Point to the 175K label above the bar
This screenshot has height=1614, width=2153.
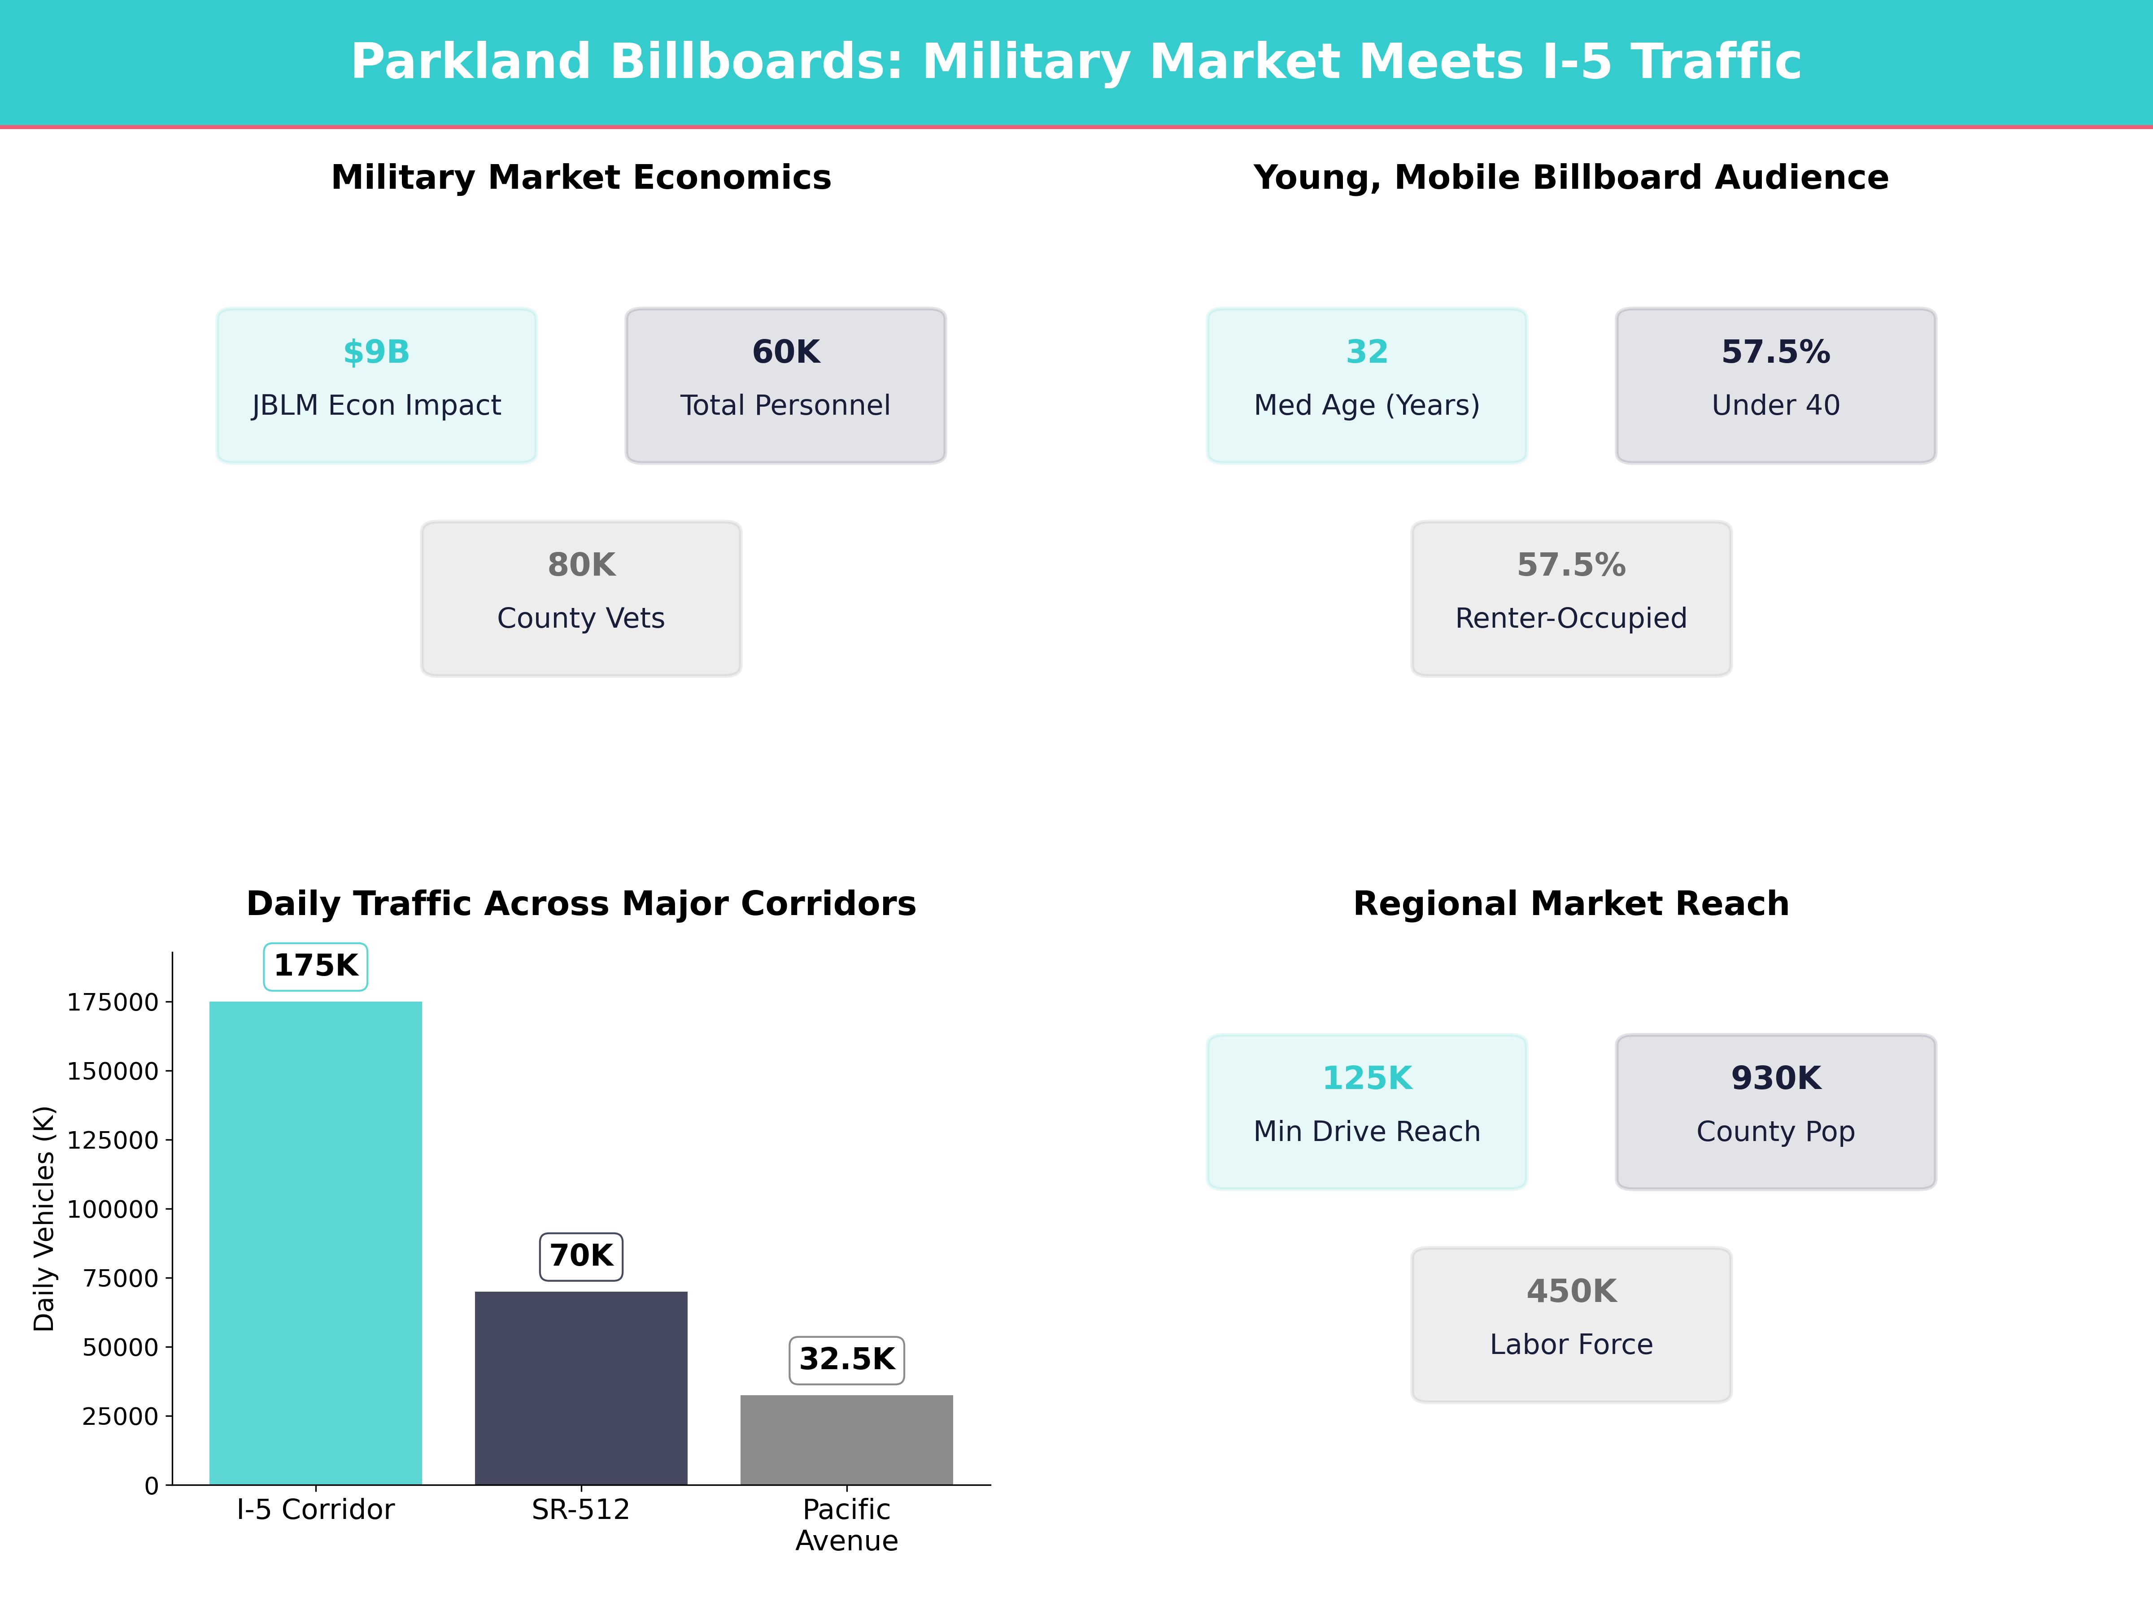[315, 966]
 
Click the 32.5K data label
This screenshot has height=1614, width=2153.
[846, 1359]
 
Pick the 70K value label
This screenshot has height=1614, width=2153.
[581, 1256]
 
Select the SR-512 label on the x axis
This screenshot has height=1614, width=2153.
[581, 1510]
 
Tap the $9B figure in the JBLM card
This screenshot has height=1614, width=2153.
[377, 352]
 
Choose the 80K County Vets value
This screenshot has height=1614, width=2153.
[581, 565]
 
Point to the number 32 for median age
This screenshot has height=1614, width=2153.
[1367, 352]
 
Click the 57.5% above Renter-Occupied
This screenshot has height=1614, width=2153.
[1571, 565]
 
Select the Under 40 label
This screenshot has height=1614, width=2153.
[1775, 406]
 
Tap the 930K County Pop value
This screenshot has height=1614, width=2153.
[1775, 1078]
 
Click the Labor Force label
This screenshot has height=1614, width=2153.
[1571, 1345]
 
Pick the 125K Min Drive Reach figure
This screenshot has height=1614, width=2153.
[1367, 1078]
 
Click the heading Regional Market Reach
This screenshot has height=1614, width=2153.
[1571, 904]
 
